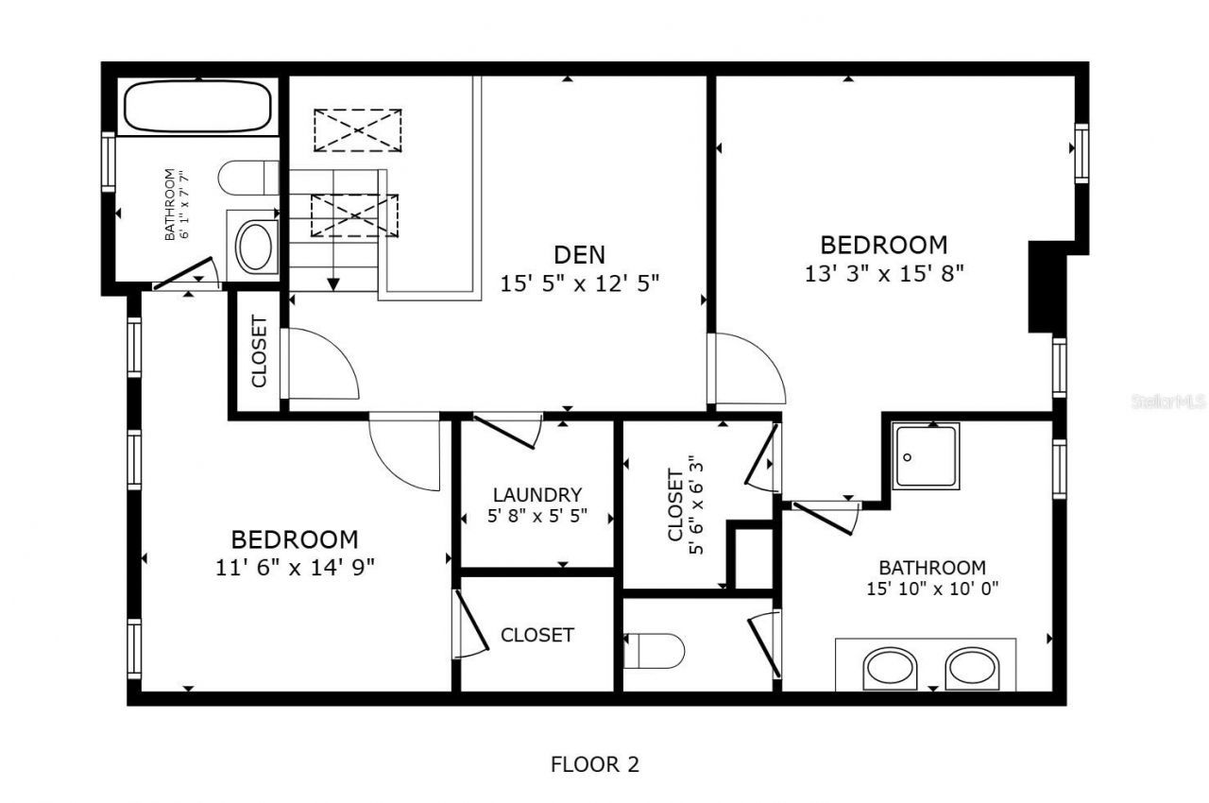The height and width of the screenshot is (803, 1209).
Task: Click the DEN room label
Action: click(x=579, y=254)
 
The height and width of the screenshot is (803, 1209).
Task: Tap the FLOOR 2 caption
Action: click(x=594, y=764)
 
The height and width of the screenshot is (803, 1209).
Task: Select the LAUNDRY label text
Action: click(x=536, y=495)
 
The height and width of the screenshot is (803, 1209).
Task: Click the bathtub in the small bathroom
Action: click(x=197, y=106)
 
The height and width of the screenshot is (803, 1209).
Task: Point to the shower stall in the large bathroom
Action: click(x=927, y=456)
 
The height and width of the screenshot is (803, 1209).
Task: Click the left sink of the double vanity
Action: click(x=890, y=667)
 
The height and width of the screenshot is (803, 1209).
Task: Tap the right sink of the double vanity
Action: click(x=973, y=667)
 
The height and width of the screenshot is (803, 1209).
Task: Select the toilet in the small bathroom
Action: click(x=247, y=178)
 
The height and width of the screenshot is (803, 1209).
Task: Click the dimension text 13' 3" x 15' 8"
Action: click(x=883, y=273)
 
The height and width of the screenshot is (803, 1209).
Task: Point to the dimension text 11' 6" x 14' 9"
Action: click(x=295, y=567)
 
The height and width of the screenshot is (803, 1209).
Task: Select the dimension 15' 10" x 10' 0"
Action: click(x=931, y=588)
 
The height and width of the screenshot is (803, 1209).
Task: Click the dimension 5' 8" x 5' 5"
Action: click(x=536, y=517)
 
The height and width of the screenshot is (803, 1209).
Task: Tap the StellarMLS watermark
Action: click(x=1167, y=401)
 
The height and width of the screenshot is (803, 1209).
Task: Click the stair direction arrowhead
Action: click(x=333, y=282)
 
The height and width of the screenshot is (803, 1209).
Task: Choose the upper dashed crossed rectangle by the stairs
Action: click(x=357, y=130)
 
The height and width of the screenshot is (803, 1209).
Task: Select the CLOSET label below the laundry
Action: click(x=536, y=635)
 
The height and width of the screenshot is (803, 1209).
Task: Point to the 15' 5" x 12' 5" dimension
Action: click(x=579, y=282)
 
